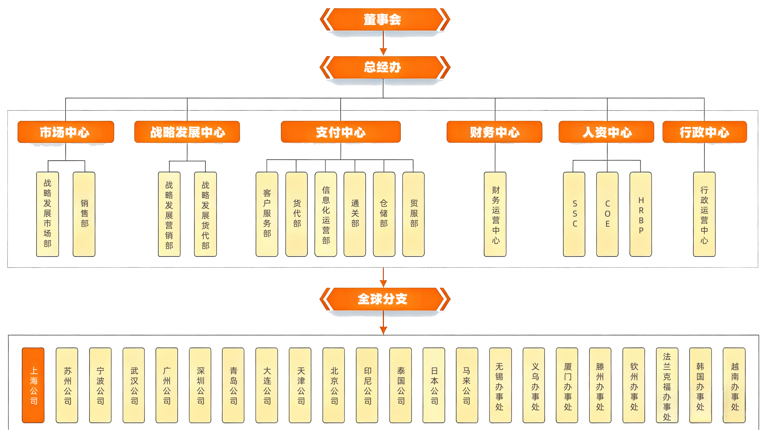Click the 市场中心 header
pos(66,132)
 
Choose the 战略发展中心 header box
pos(187,132)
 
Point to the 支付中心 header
pos(341,132)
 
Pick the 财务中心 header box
pos(495,132)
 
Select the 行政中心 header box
pos(704,132)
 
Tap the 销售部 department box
pos(84,214)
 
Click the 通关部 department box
pos(355,214)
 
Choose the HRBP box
pos(641,214)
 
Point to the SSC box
pos(574,214)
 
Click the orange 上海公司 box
pos(33,385)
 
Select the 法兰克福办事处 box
pos(667,385)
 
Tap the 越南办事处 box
pos(734,385)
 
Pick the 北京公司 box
pos(334,385)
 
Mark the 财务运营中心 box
pos(495,214)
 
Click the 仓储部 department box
pos(384,214)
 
